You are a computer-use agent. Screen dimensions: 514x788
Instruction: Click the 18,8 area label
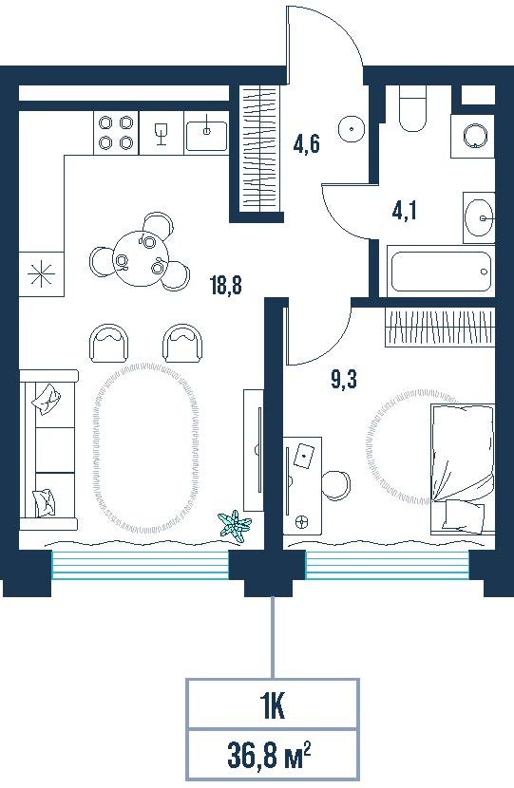click(x=226, y=286)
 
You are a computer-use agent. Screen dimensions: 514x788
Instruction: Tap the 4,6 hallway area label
click(x=306, y=145)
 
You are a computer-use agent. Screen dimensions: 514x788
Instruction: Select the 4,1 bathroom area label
click(x=405, y=212)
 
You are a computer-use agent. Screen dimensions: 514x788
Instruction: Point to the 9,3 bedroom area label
click(x=344, y=380)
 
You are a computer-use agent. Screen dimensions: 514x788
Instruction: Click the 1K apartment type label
click(x=272, y=706)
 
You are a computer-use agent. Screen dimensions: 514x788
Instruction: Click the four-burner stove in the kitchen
click(x=116, y=133)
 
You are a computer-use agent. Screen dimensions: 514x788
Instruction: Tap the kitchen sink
click(x=206, y=134)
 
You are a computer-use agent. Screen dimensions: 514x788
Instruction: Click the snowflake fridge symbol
click(x=41, y=273)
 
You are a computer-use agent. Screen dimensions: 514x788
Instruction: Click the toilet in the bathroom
click(x=413, y=109)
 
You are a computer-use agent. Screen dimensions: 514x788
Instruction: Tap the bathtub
click(x=441, y=272)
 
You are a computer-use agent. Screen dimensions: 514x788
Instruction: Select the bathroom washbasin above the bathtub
click(x=479, y=217)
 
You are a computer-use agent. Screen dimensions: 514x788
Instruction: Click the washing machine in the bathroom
click(x=474, y=135)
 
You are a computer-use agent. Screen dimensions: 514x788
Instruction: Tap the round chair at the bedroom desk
click(x=336, y=484)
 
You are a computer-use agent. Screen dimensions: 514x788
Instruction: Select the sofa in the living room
click(x=48, y=449)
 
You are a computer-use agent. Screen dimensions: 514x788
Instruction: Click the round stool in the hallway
click(x=352, y=129)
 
